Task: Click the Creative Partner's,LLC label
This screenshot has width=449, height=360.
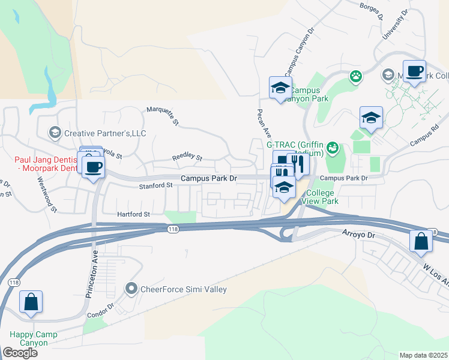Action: (x=104, y=133)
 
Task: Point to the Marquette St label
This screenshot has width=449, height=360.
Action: (x=163, y=115)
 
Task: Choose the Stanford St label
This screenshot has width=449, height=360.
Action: (x=156, y=186)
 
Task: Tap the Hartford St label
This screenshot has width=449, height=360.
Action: (x=133, y=214)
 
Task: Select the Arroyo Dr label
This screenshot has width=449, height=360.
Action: (x=359, y=234)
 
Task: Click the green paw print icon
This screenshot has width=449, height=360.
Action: (x=356, y=76)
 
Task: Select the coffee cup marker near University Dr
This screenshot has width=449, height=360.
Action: (x=414, y=71)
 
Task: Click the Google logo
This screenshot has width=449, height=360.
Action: (x=20, y=353)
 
